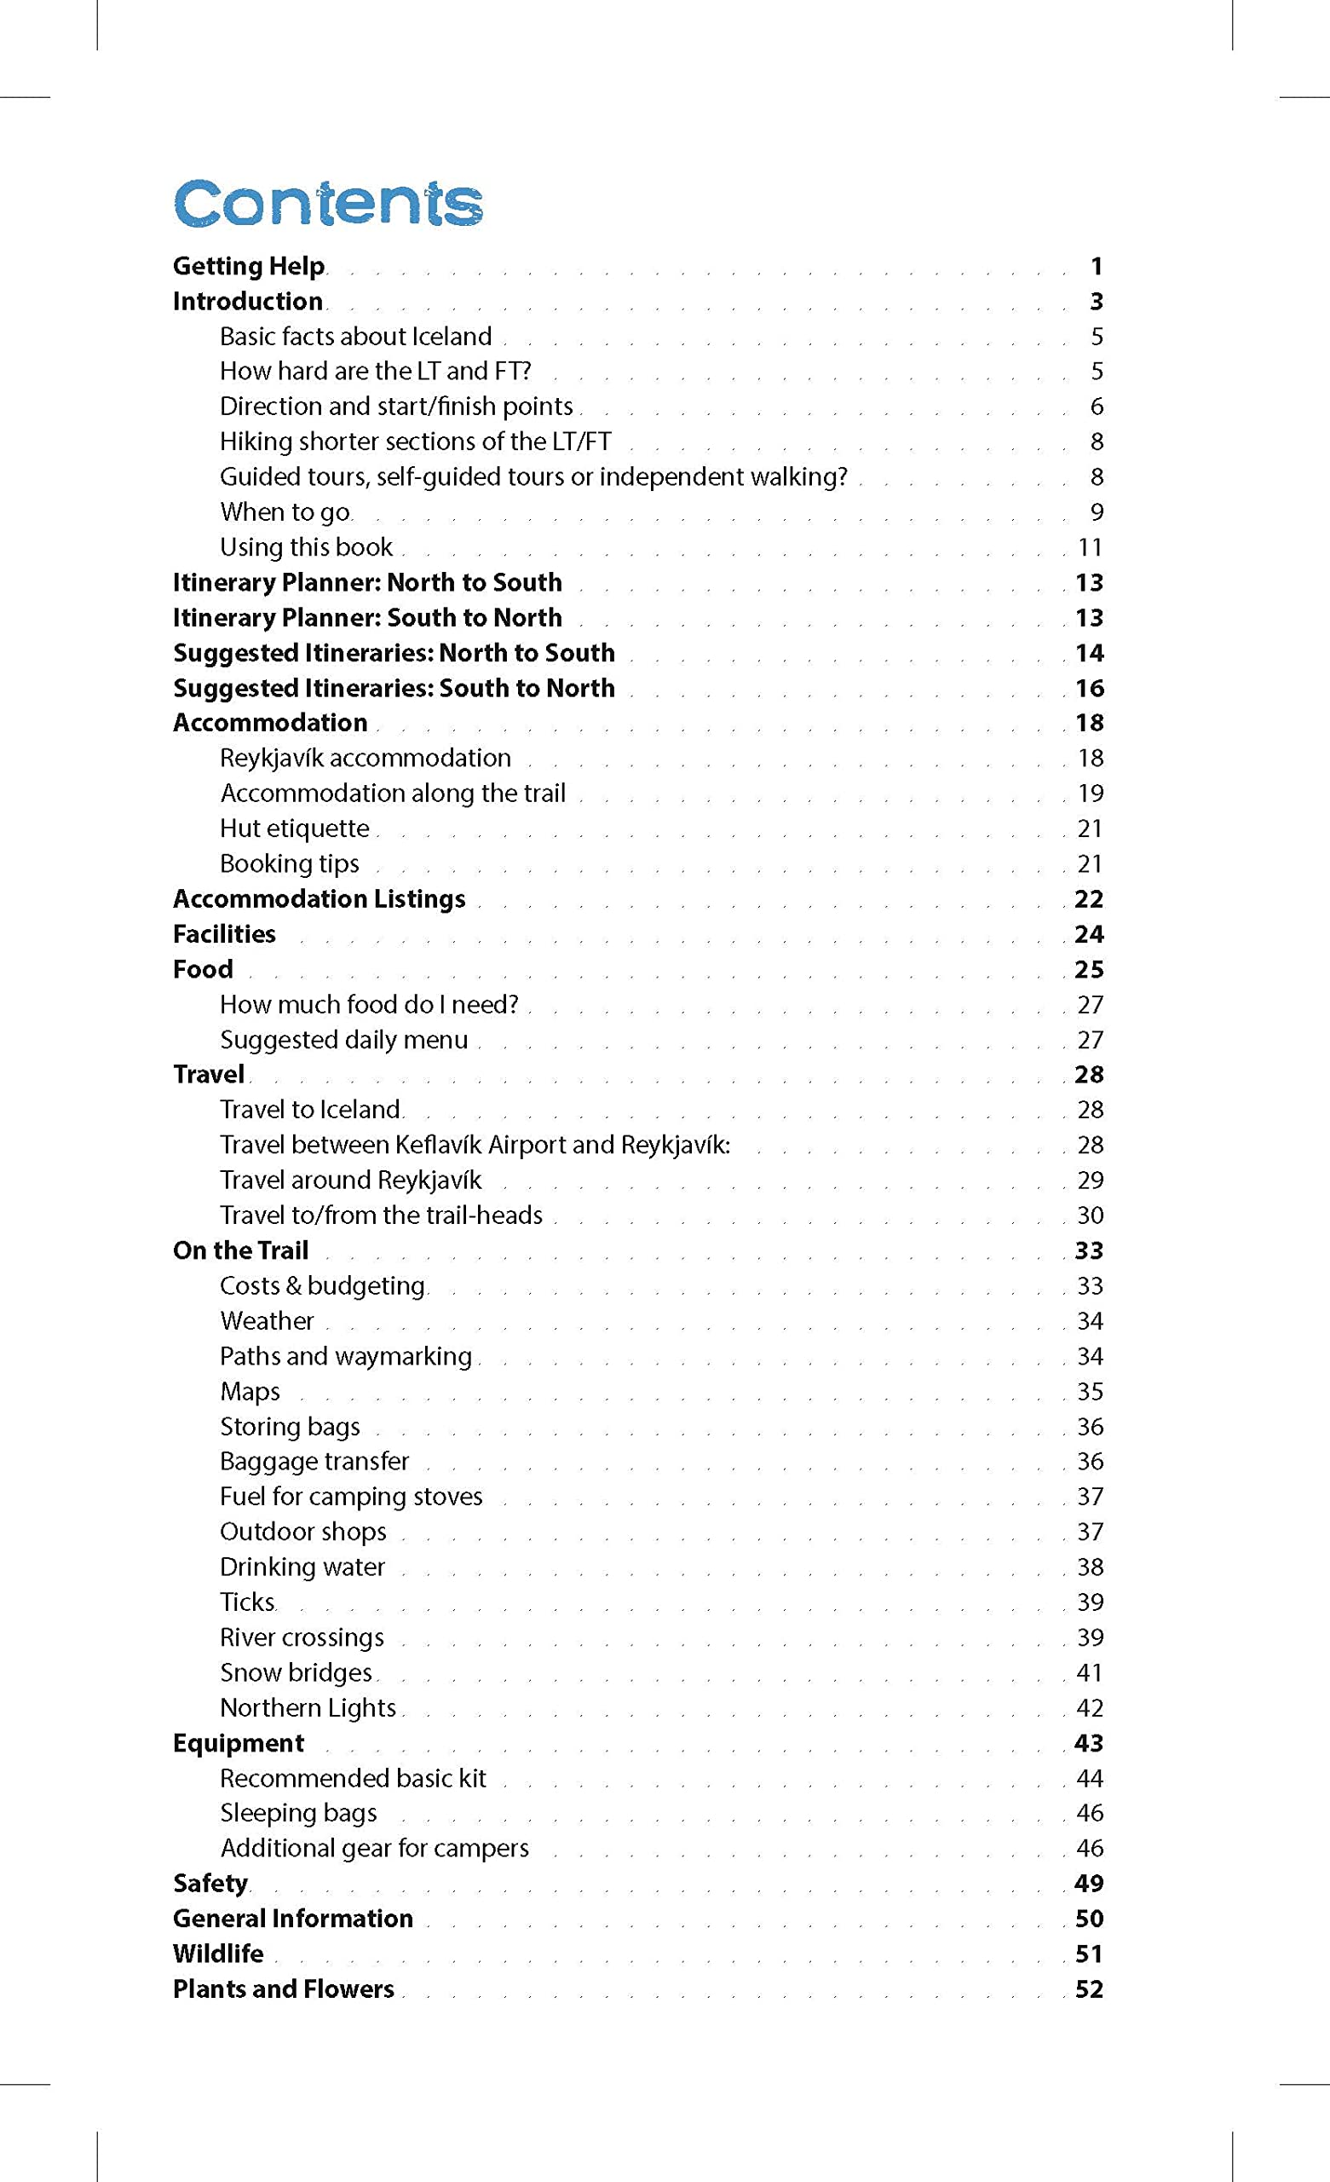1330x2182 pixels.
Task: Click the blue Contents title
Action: (x=328, y=203)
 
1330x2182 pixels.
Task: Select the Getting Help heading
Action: (x=249, y=266)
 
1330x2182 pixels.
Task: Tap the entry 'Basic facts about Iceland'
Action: (x=355, y=337)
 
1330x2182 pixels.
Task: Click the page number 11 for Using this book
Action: (x=1090, y=547)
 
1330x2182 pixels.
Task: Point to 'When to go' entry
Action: (x=285, y=512)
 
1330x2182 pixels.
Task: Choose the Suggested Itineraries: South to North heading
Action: (x=393, y=688)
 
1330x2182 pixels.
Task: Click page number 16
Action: (x=1089, y=688)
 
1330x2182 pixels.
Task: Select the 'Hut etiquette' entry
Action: (x=294, y=828)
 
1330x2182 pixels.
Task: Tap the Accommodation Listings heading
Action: (x=319, y=899)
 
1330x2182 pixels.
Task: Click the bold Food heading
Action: (x=203, y=969)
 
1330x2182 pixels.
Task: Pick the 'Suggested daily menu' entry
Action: (x=343, y=1040)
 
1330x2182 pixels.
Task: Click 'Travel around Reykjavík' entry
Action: (x=351, y=1180)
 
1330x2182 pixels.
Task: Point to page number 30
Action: (x=1090, y=1215)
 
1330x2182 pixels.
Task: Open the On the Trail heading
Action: (x=240, y=1250)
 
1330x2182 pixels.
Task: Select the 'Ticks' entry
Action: (x=248, y=1602)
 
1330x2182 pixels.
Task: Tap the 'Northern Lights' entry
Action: (x=308, y=1707)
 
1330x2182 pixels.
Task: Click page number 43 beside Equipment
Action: (x=1089, y=1743)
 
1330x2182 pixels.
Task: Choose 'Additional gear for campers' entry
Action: (x=374, y=1848)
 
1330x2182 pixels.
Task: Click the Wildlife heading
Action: (x=218, y=1954)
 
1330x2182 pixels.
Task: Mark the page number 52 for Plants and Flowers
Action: (x=1089, y=1989)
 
